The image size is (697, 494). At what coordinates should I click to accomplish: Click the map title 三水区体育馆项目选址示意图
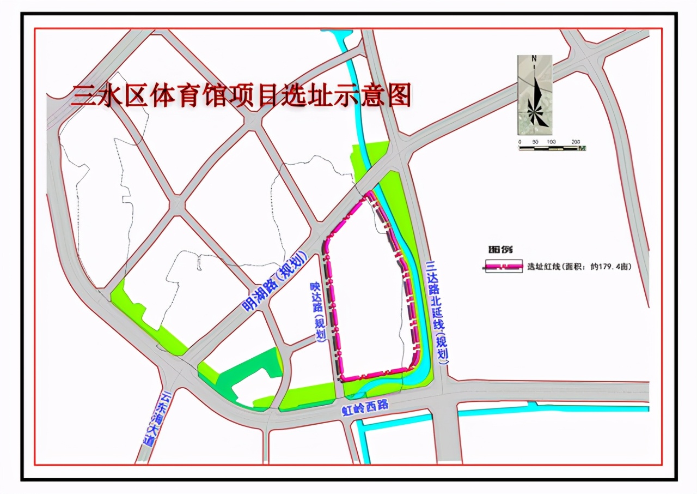point(241,97)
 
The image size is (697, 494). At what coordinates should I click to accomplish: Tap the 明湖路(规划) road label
point(275,282)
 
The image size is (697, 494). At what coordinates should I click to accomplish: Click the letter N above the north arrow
point(534,58)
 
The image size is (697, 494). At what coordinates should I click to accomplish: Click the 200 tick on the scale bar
point(576,142)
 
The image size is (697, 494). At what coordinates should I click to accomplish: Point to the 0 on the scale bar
point(520,142)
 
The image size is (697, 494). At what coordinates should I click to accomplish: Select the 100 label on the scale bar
point(551,142)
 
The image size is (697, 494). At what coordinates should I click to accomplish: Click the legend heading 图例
point(500,250)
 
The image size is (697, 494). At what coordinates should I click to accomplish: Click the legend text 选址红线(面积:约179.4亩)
point(579,267)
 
